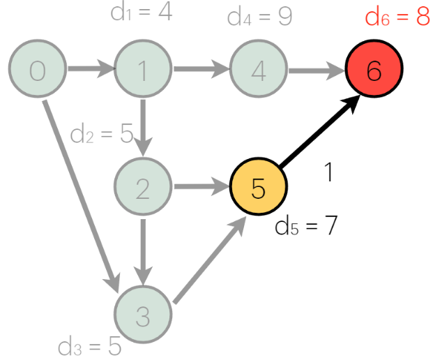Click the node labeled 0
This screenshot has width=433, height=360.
[37, 70]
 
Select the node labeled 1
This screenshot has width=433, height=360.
[143, 70]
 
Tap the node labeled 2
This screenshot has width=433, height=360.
[143, 188]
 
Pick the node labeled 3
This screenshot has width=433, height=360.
[143, 316]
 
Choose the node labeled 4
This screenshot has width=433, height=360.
[258, 70]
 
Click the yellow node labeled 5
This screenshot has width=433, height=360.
[258, 188]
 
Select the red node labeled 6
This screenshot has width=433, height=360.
[374, 70]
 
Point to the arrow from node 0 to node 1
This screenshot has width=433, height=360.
[90, 70]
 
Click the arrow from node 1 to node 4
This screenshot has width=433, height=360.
[201, 70]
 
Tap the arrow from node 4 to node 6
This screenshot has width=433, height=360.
[316, 70]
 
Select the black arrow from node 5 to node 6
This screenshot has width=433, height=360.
[319, 133]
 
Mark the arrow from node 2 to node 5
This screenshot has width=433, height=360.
[201, 187]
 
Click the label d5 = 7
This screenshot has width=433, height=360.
[306, 227]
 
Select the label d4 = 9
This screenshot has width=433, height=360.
[259, 17]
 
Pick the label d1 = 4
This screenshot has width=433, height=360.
[141, 12]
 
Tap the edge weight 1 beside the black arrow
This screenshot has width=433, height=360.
[329, 172]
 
